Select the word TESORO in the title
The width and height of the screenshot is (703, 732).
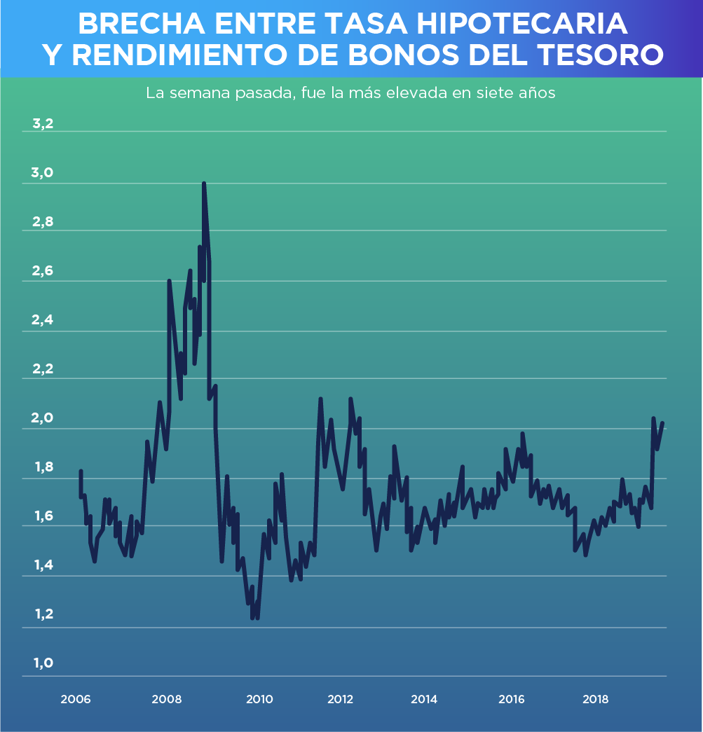[603, 55]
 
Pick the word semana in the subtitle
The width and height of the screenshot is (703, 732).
[198, 93]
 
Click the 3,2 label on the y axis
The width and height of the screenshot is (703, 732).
[43, 125]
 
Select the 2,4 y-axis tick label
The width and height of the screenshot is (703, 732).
[43, 321]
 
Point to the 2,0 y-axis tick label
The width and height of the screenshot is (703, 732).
[43, 419]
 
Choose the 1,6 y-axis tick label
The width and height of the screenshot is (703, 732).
[43, 517]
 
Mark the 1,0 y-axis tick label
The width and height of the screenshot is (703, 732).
[43, 663]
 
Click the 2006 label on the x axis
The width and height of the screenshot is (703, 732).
[75, 699]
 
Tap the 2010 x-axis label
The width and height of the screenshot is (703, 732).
[259, 699]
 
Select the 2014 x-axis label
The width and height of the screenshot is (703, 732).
[424, 699]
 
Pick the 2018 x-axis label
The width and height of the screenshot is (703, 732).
[595, 699]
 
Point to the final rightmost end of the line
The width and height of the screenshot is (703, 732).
[662, 423]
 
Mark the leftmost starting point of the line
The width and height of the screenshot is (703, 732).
[81, 471]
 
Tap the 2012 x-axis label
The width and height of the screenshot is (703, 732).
[340, 699]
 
